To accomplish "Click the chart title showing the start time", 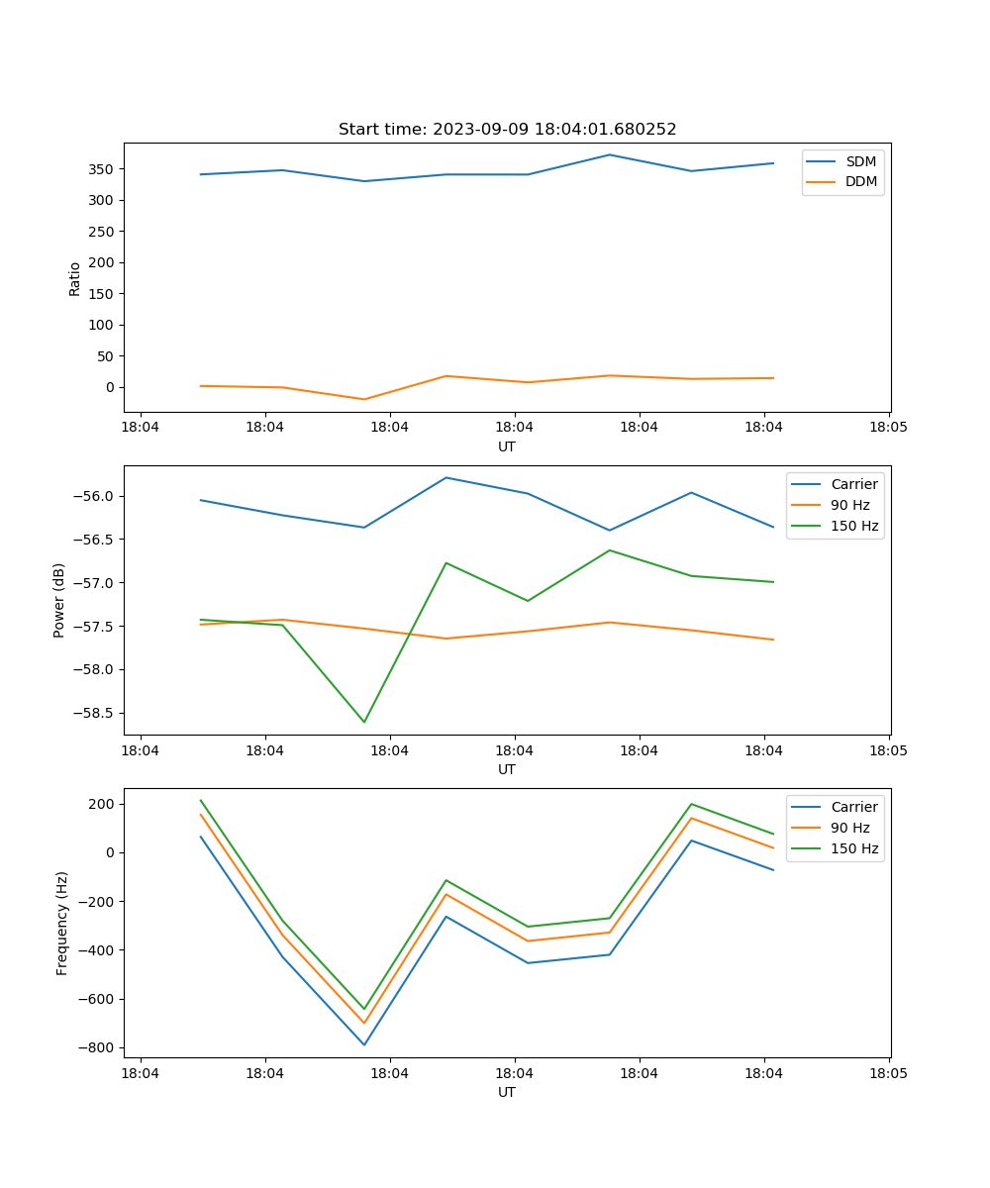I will [x=507, y=130].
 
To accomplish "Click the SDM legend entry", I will [x=860, y=161].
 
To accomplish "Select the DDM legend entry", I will [x=860, y=181].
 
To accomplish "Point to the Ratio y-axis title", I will [x=75, y=277].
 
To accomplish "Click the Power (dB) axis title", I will [x=59, y=600].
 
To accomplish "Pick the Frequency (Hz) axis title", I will [x=61, y=923].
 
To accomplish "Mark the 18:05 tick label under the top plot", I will [x=888, y=427].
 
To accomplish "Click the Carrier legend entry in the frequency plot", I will [x=853, y=807].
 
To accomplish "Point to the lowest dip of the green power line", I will [x=364, y=722].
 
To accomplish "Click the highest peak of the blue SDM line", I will [x=610, y=154].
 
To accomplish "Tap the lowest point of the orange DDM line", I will [x=364, y=399].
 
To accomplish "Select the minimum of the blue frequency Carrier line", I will [x=364, y=1044].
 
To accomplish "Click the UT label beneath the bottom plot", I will [x=507, y=1092].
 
